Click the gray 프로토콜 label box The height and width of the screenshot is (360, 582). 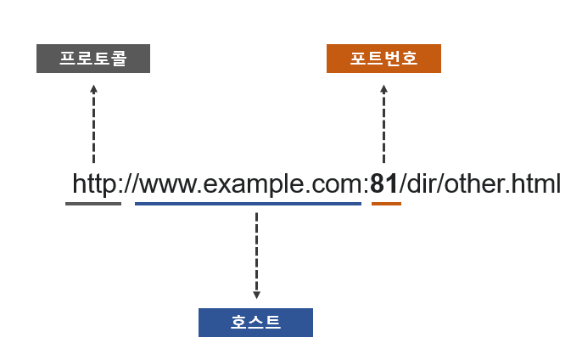pos(93,59)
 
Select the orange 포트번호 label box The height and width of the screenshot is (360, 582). pos(383,59)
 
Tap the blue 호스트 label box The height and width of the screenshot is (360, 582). pos(255,323)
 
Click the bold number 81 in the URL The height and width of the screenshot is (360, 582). pos(384,183)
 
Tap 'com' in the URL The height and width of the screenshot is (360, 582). pos(338,184)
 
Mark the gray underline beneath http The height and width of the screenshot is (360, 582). pos(93,204)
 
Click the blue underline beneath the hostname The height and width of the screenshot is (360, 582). pos(248,204)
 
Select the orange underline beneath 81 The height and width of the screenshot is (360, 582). pos(386,204)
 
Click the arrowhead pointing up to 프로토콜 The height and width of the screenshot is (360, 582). pos(93,87)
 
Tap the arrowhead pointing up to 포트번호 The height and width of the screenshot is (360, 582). pos(383,87)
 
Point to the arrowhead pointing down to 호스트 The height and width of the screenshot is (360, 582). pos(256,295)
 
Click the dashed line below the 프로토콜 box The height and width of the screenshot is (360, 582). pos(93,127)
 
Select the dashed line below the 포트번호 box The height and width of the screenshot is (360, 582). pos(383,127)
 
